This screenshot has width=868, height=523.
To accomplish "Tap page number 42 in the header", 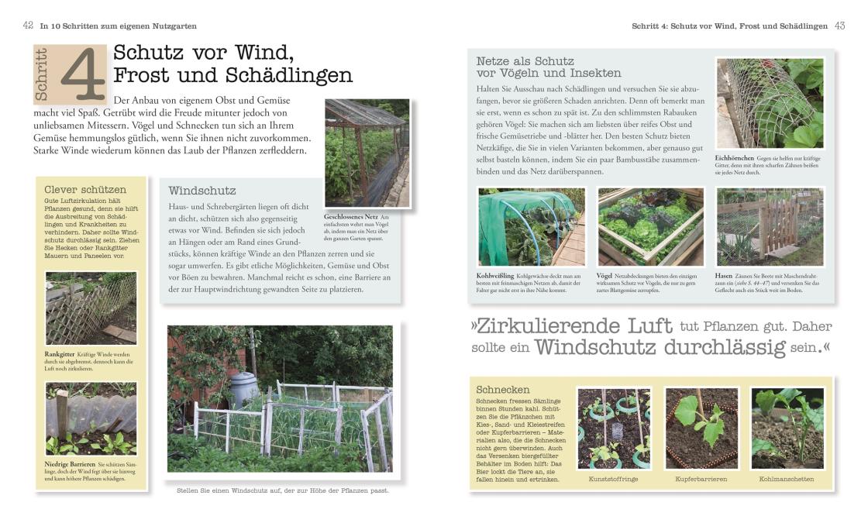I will (28, 26).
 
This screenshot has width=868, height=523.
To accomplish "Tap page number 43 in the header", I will (839, 26).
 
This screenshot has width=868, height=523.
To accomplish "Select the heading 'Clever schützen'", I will (85, 189).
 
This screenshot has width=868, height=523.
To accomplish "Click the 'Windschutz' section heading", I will (202, 190).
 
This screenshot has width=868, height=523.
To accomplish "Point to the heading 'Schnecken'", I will (504, 389).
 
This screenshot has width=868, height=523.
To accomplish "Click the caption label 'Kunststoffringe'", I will (613, 479).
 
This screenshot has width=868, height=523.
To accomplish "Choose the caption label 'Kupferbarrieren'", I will (701, 479).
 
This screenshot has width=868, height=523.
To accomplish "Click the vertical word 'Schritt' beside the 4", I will (43, 74).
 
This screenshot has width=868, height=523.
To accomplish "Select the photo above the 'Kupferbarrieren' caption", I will (701, 428).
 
